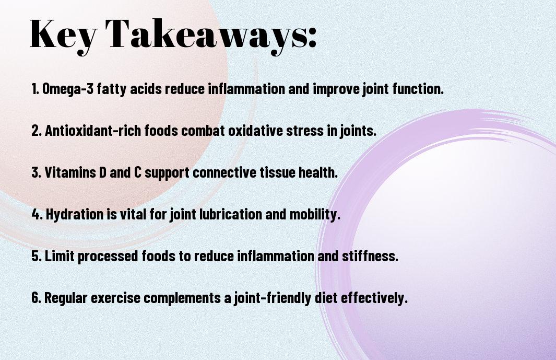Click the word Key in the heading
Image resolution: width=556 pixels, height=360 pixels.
click(x=63, y=34)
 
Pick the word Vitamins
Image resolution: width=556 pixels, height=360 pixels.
click(x=71, y=172)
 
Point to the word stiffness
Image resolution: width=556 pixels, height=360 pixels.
click(x=373, y=256)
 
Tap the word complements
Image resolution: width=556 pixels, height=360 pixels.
click(x=185, y=298)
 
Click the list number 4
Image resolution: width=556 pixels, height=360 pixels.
click(x=36, y=214)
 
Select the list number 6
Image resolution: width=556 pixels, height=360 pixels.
click(x=36, y=298)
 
